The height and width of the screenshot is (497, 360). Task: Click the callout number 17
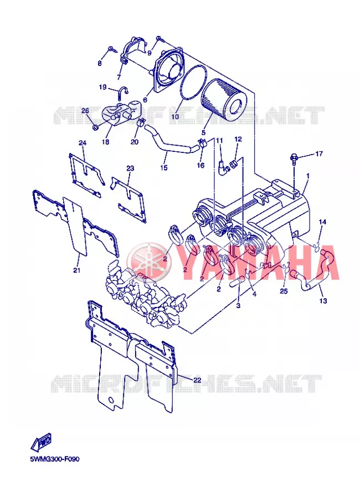coord(319,153)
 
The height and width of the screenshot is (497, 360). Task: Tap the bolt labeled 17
coord(293,159)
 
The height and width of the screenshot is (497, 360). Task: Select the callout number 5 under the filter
coord(203,132)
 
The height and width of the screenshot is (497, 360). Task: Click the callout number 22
coord(197,380)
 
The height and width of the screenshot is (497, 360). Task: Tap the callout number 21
coord(76,270)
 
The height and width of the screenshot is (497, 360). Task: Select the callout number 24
coord(83,143)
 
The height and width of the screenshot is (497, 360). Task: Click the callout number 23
coord(130,168)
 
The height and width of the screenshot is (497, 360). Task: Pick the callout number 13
coord(323,300)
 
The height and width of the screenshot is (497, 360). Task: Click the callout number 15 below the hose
coord(163,167)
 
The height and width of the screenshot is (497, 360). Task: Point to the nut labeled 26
coord(94,127)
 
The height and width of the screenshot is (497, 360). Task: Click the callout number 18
coord(106,141)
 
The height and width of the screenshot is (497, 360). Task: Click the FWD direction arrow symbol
coord(41,441)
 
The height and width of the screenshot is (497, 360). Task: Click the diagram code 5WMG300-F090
coord(55,459)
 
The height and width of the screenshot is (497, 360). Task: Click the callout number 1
coord(308,176)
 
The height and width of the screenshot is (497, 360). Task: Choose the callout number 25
coord(284,291)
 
